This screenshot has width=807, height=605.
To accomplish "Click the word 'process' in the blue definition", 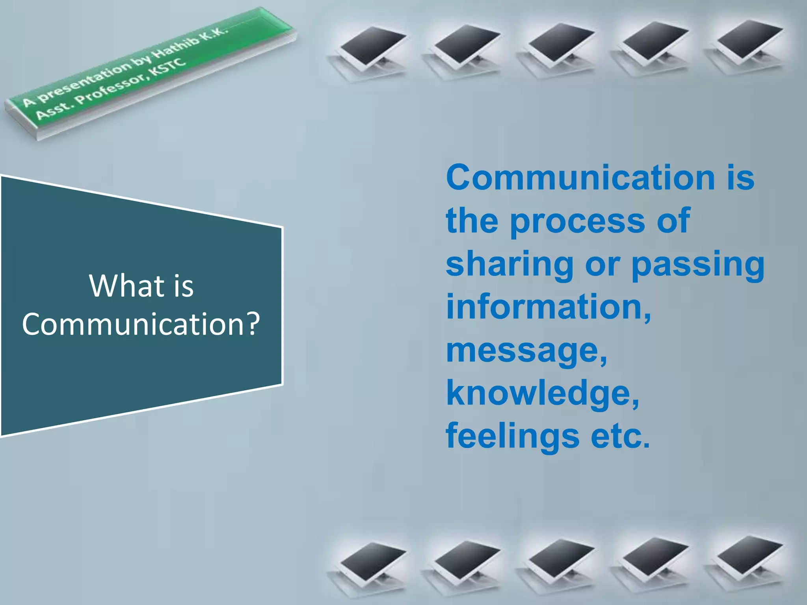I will (578, 221).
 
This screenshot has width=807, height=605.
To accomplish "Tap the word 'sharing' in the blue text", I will (509, 265).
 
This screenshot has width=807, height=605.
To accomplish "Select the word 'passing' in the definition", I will (698, 265).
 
